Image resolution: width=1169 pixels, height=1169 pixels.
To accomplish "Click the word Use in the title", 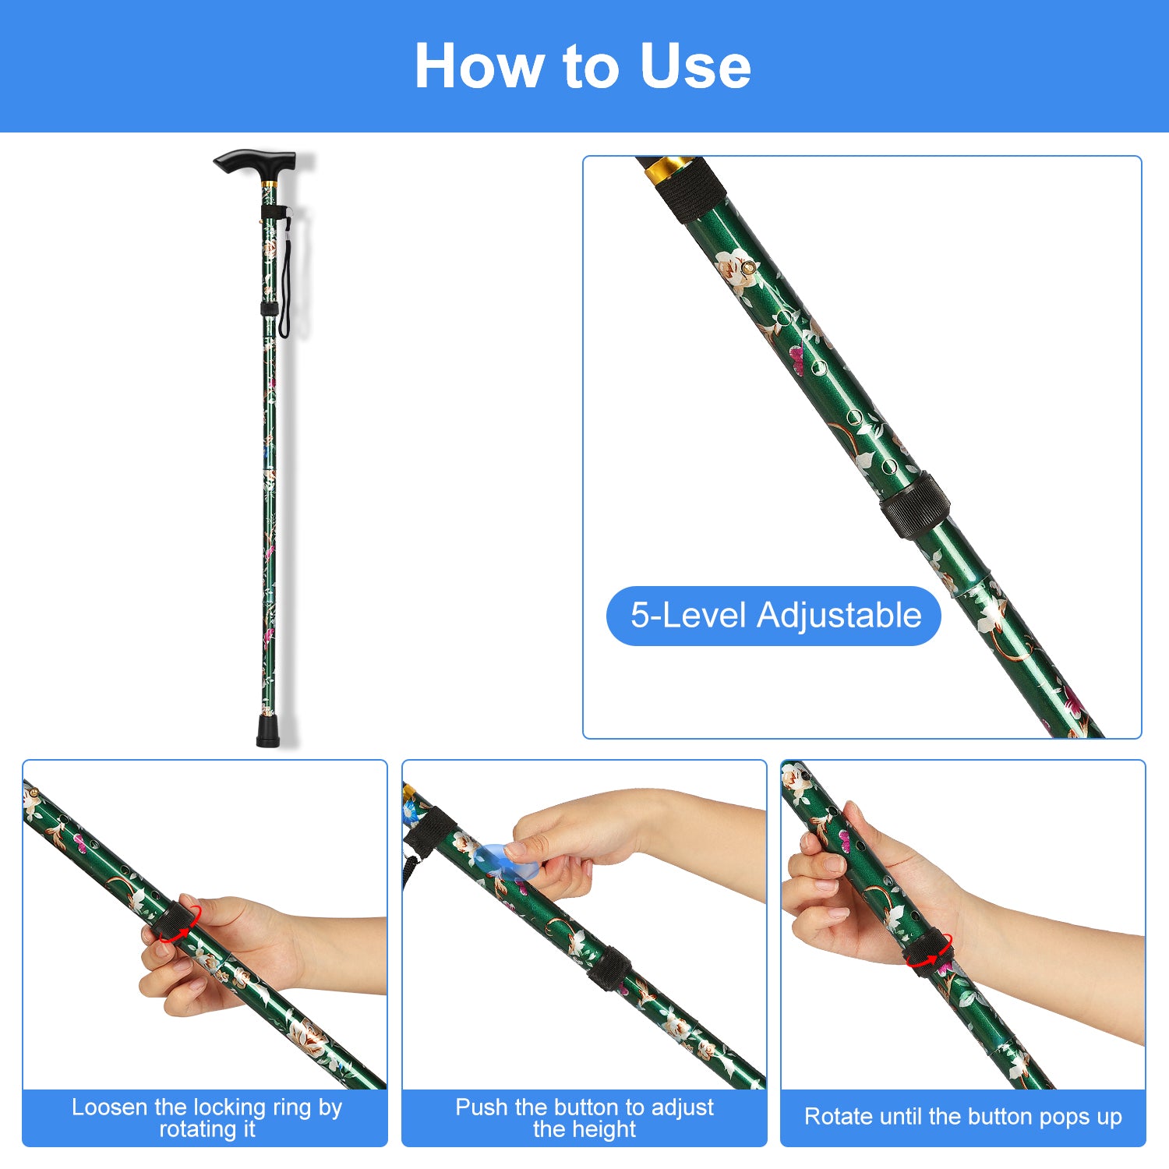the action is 695,66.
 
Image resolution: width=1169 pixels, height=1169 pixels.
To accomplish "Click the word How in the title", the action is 479,66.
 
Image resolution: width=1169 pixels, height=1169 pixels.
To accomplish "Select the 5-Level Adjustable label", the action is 775,616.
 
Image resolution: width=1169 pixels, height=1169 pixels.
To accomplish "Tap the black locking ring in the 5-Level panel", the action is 915,506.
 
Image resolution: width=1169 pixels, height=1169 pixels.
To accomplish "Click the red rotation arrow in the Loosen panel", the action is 180,924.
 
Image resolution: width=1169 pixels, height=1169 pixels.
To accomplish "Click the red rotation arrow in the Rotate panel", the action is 930,951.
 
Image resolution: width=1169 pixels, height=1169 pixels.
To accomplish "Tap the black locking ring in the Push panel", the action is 609,969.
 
